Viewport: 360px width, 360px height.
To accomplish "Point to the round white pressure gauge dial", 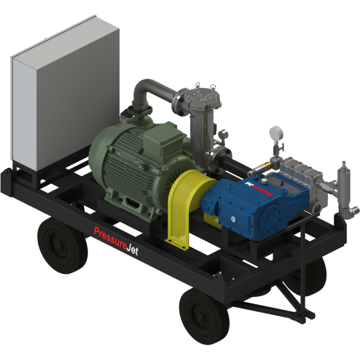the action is (275, 132).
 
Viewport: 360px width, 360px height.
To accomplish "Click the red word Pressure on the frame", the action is (111, 239).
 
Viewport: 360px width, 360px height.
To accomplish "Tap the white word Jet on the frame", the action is (132, 250).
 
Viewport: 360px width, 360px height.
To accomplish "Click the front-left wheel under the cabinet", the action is (62, 246).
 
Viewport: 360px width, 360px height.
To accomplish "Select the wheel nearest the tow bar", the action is (204, 316).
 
